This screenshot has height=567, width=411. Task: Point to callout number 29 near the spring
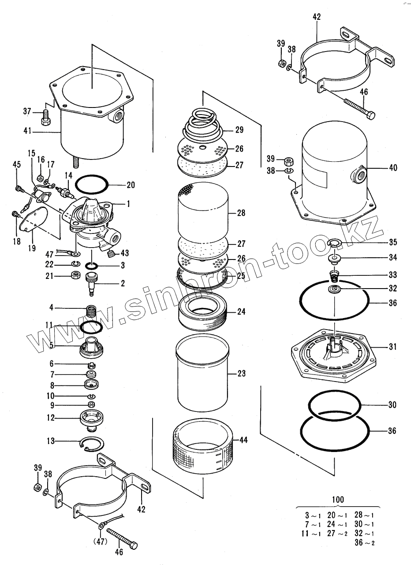coord(239,130)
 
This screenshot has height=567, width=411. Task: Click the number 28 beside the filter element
coord(241,213)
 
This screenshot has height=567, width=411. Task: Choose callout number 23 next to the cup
coord(241,374)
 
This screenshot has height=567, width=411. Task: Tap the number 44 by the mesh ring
coord(243,440)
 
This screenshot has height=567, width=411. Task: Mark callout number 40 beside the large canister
coord(393,167)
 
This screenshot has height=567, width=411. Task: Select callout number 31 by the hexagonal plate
coord(392,347)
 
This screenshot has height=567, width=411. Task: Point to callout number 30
coord(392,404)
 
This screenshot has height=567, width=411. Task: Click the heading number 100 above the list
coord(338,500)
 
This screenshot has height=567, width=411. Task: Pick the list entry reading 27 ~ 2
coord(338,534)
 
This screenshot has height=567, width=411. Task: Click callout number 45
coord(16,164)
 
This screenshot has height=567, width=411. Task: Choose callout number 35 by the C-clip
coord(392,242)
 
